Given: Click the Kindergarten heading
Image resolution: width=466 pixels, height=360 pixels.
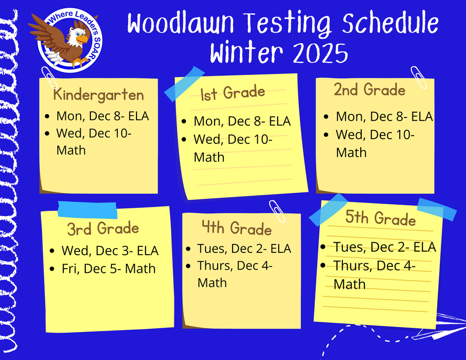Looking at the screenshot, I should [x=98, y=95].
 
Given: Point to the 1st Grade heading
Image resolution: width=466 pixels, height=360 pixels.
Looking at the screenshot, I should [x=233, y=93].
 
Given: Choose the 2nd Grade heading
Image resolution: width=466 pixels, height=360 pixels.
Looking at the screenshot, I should [x=370, y=89].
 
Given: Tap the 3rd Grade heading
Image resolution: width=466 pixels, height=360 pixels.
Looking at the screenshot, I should [x=103, y=229].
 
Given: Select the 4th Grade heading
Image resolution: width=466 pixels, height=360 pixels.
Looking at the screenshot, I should [x=236, y=228].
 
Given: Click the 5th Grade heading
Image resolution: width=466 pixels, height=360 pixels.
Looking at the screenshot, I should [x=381, y=218].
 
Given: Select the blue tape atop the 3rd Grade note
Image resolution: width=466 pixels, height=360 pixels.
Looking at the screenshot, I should [x=87, y=210].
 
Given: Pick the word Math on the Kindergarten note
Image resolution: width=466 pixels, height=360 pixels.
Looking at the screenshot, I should [x=71, y=150].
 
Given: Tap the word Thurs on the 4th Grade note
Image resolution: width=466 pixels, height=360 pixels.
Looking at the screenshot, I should [x=215, y=266].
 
